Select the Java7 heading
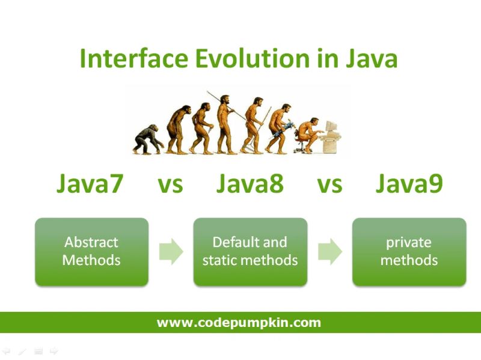click(90, 184)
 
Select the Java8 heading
click(250, 184)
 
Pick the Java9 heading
click(409, 184)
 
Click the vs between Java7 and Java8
click(170, 185)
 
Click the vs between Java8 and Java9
click(329, 185)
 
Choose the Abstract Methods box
click(91, 251)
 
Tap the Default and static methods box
click(250, 251)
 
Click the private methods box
click(409, 251)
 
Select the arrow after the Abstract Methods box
click(171, 251)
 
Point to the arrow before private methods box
click(329, 251)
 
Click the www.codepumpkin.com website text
click(239, 323)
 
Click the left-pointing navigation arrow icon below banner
click(6, 350)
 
